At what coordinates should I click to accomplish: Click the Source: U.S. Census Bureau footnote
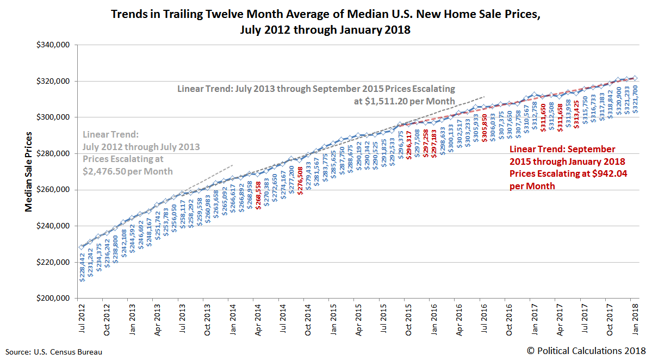point(53,352)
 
